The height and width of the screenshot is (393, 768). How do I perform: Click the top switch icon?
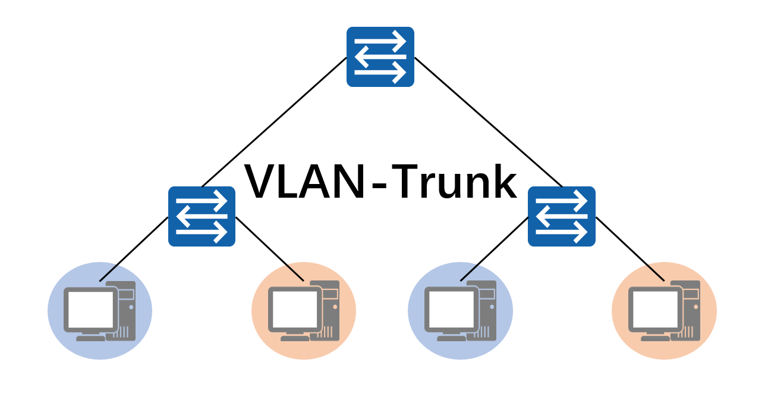(380, 57)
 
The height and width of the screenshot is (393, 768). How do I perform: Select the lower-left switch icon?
(202, 216)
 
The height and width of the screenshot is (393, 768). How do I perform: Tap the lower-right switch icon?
(562, 216)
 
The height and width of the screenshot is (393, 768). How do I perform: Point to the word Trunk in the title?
(455, 182)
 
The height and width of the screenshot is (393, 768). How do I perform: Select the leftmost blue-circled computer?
(100, 311)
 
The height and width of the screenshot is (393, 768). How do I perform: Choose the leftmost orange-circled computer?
(304, 311)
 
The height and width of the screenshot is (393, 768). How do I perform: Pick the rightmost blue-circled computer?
(460, 311)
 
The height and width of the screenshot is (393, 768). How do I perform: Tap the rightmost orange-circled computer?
(664, 311)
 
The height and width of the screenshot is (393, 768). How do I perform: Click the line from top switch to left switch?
(273, 122)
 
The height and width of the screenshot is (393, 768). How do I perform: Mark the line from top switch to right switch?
(487, 121)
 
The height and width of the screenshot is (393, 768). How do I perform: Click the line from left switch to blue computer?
(134, 249)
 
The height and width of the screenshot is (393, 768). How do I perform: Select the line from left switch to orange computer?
(270, 249)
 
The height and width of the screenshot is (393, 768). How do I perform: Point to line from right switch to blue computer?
(495, 249)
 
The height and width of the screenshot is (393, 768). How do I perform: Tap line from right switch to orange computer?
(630, 249)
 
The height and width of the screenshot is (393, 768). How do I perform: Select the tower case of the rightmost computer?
(690, 310)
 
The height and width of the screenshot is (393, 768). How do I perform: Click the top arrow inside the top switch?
(380, 42)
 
